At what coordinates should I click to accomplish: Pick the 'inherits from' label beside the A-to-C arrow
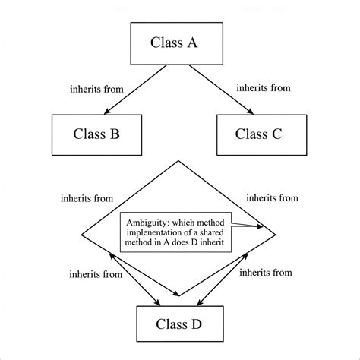pos(264,87)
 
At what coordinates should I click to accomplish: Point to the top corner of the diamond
pos(180,161)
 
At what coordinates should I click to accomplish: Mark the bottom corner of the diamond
pos(180,296)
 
